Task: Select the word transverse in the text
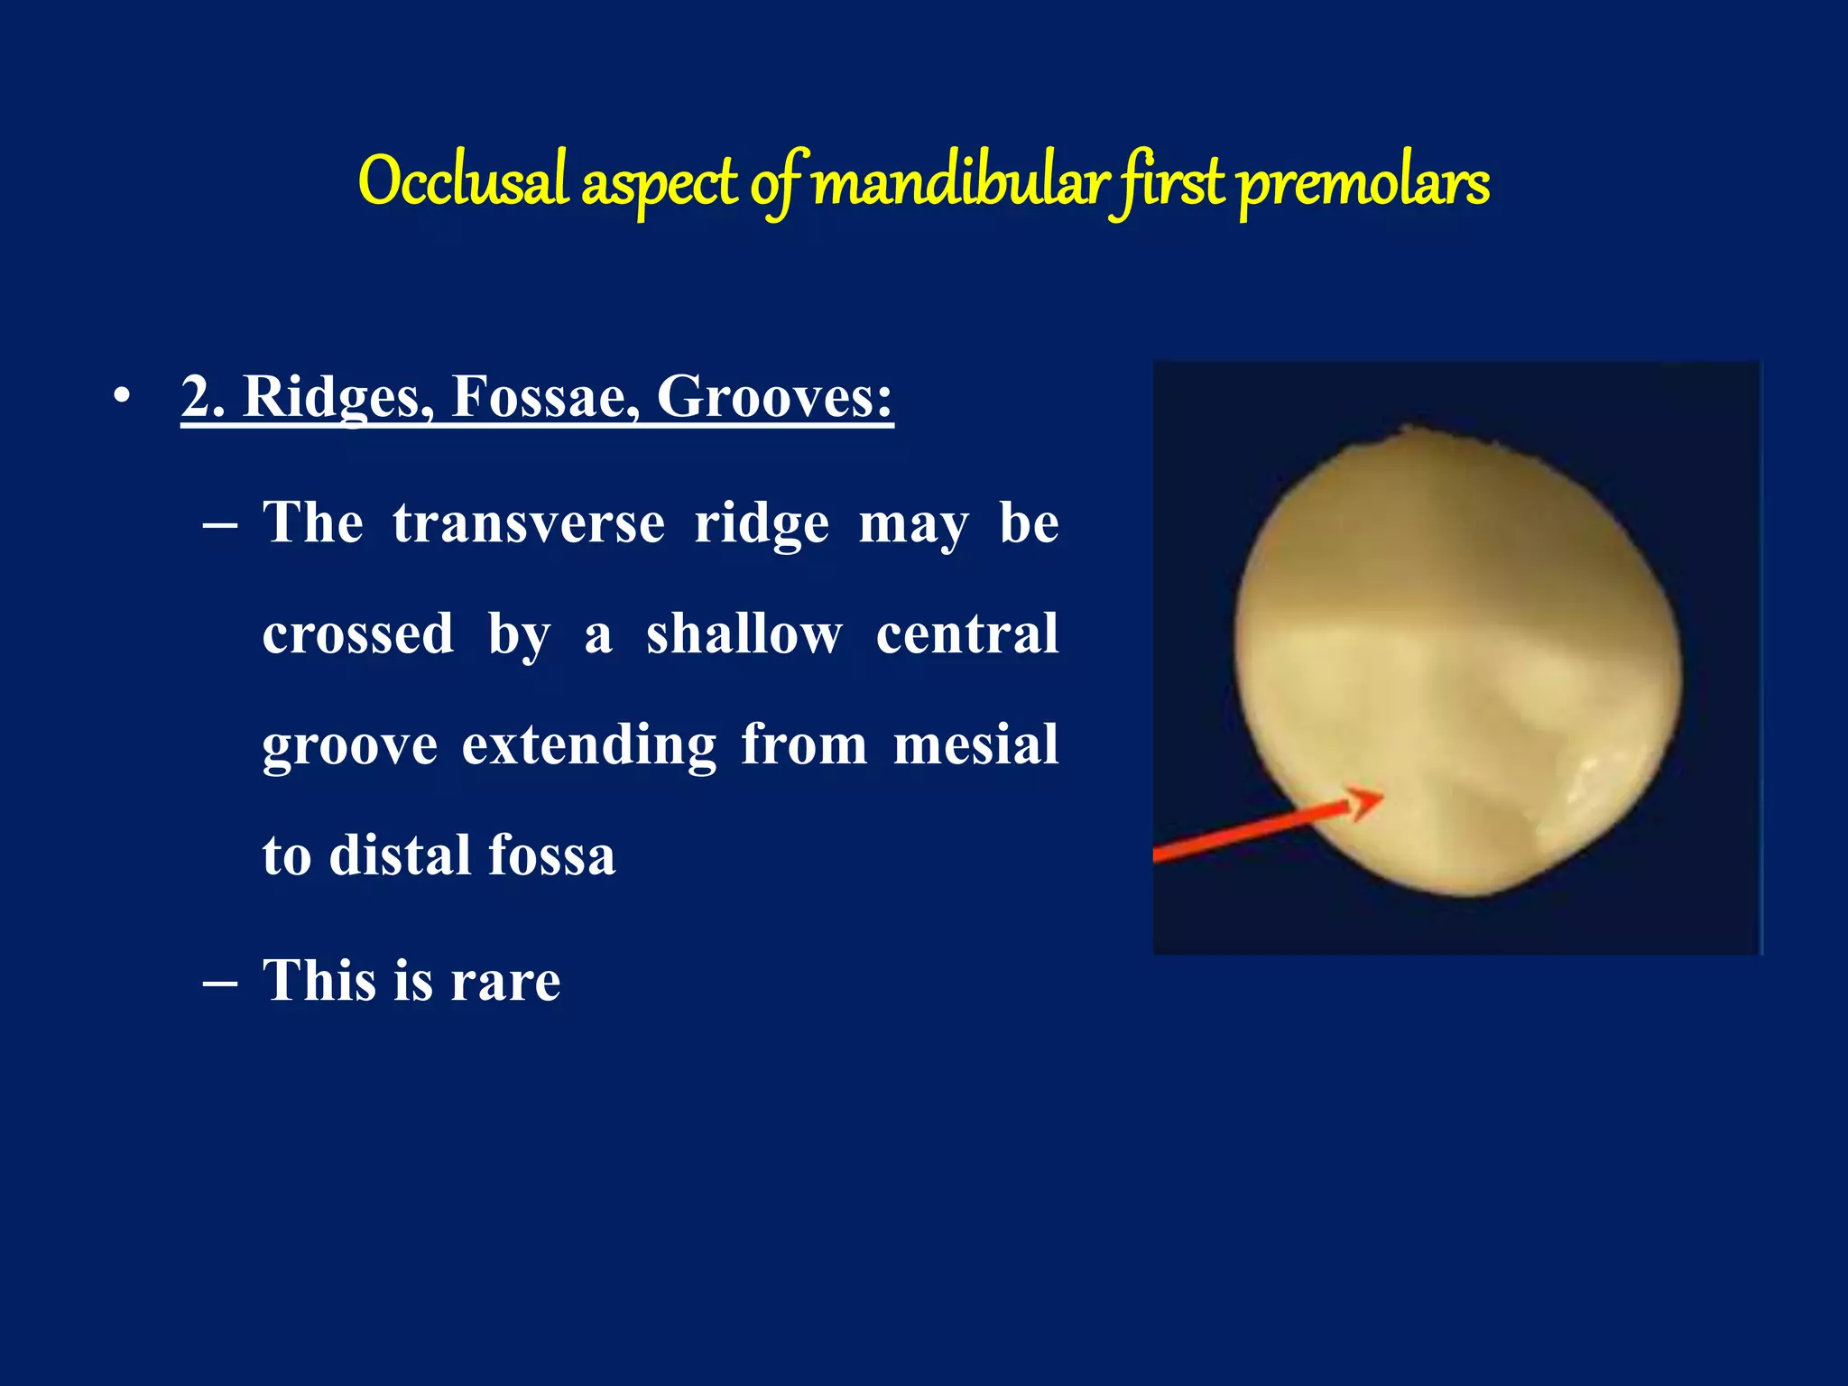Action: coord(529,523)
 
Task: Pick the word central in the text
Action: coord(967,634)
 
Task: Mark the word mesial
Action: coord(975,745)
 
